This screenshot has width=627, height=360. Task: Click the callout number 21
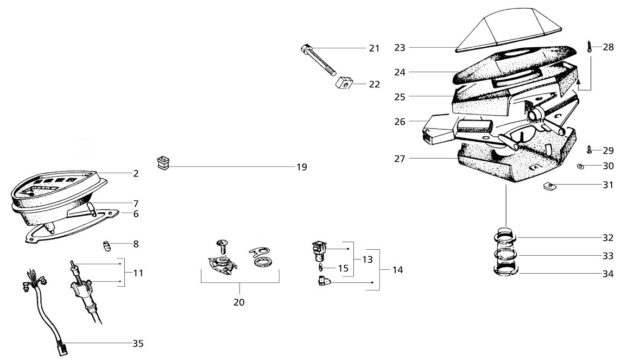tap(374, 48)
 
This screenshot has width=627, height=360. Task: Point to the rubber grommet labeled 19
tap(162, 162)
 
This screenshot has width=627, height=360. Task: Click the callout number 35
tap(139, 343)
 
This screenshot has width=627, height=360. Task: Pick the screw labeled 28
tap(590, 46)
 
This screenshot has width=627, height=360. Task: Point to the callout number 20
tap(239, 301)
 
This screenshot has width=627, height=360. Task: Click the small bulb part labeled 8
tap(107, 247)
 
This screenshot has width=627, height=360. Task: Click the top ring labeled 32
tap(506, 237)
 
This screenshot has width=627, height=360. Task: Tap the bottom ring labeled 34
tap(506, 271)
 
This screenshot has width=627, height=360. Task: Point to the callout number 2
tap(136, 174)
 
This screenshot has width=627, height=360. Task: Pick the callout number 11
tap(138, 273)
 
